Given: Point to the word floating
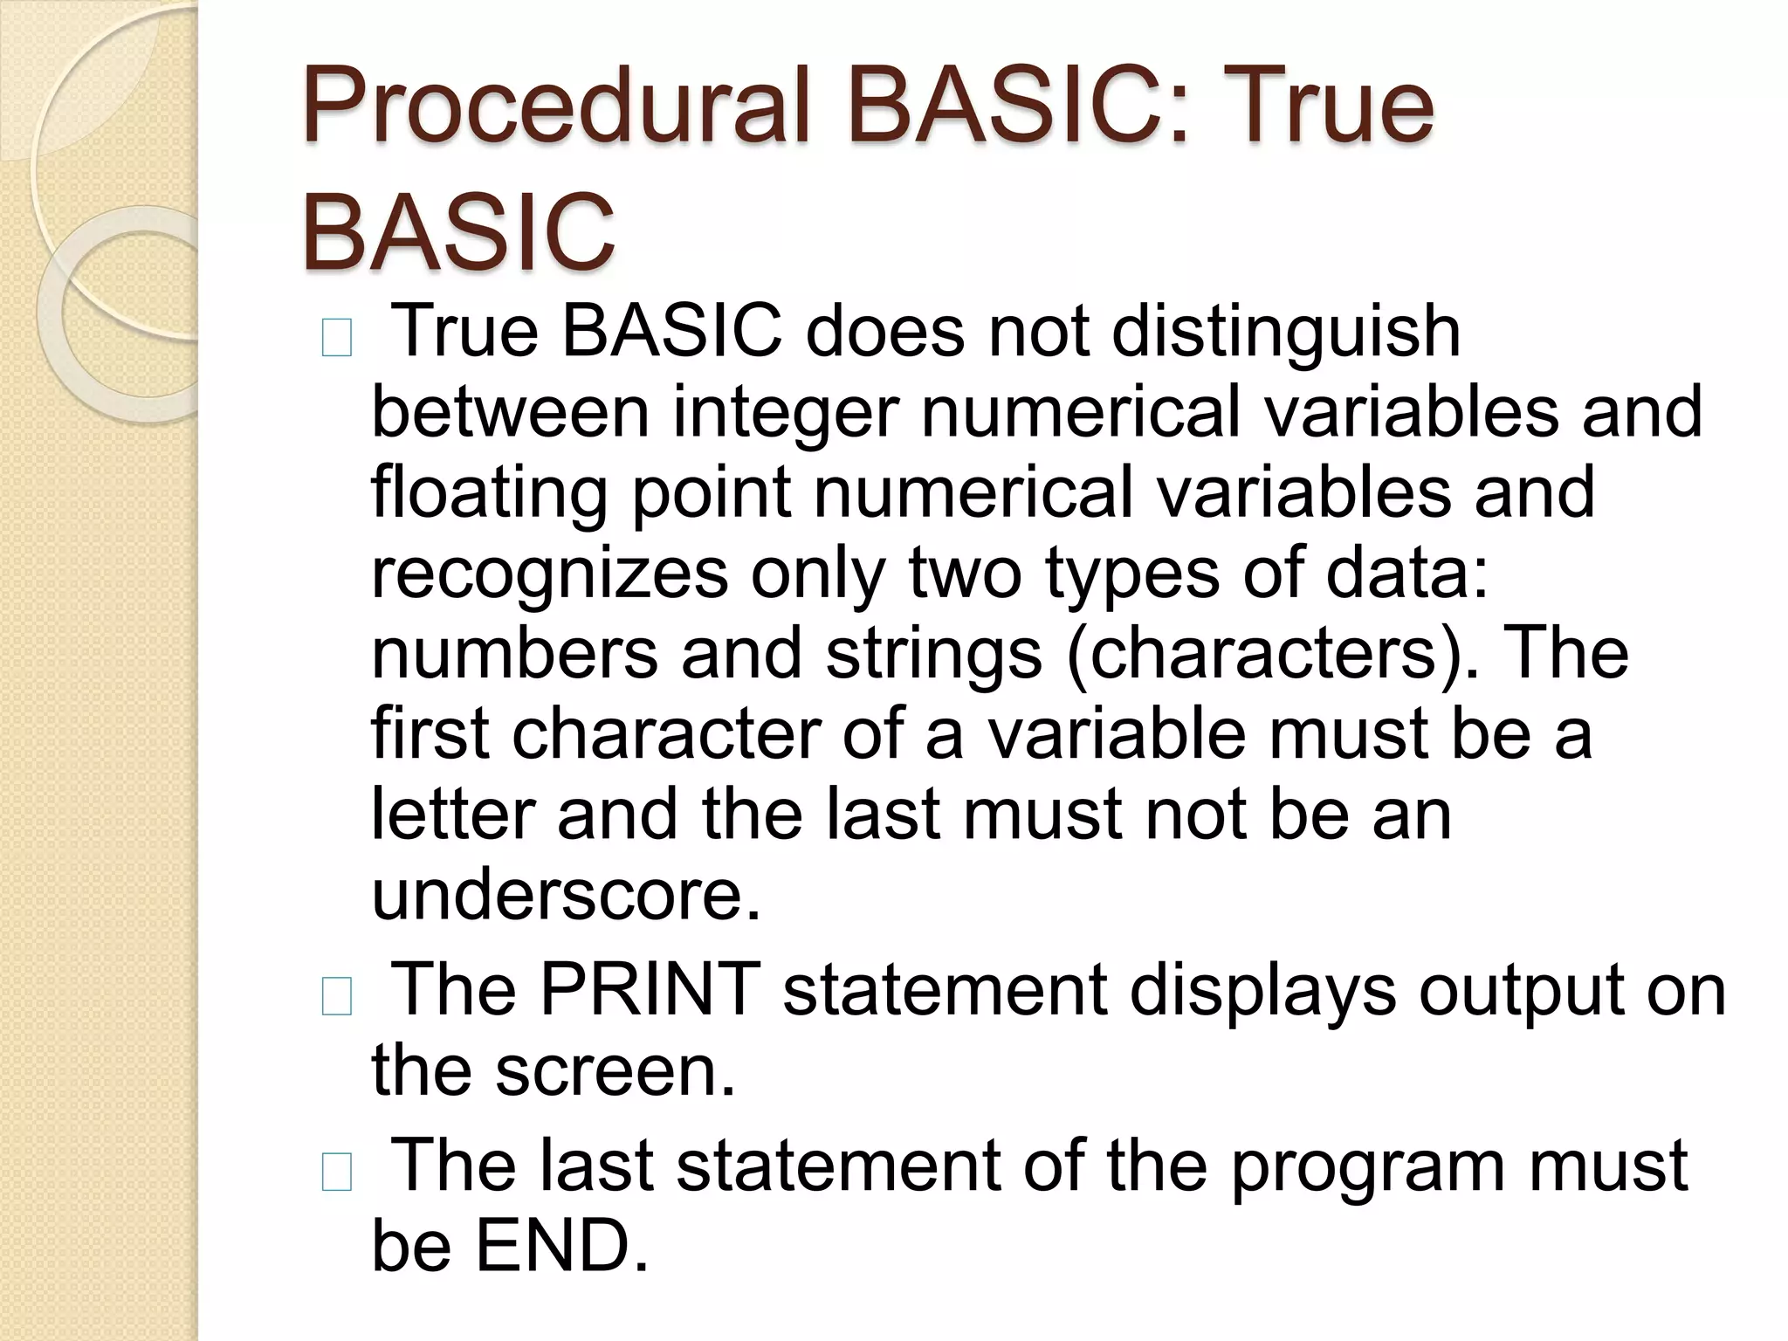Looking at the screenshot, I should (x=488, y=493).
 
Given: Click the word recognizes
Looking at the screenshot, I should (x=550, y=574).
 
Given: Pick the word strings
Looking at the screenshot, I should (x=933, y=654).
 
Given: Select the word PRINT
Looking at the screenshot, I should (x=650, y=991).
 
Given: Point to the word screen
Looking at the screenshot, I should (x=615, y=1071).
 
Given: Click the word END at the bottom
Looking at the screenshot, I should (x=562, y=1246).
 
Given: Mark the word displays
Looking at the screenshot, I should (x=1262, y=991).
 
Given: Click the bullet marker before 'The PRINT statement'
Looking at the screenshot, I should (x=337, y=998).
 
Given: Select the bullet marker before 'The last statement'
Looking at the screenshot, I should (x=337, y=1173).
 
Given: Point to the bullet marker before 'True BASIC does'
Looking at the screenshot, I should (x=337, y=340).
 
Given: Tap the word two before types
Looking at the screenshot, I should (x=964, y=574).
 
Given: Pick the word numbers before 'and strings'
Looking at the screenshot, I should (x=514, y=654).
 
